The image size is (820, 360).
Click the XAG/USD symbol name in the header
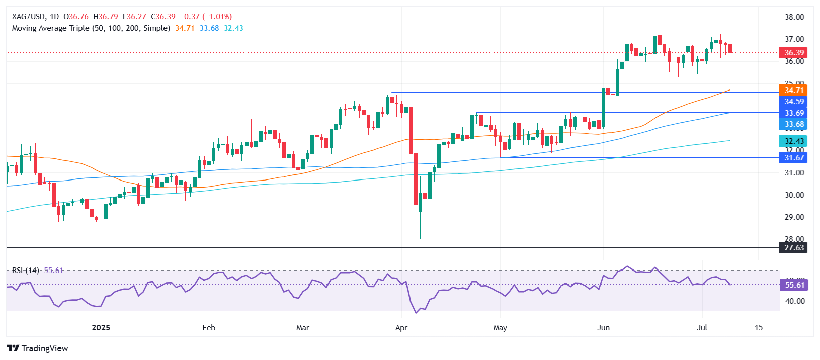pyautogui.click(x=28, y=17)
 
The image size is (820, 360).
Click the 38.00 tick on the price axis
pyautogui.click(x=794, y=17)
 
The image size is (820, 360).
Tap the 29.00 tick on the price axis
pyautogui.click(x=794, y=217)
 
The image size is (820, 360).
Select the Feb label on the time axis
pyautogui.click(x=209, y=328)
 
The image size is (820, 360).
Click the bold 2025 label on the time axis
pyautogui.click(x=101, y=328)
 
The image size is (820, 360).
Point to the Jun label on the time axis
pyautogui.click(x=603, y=328)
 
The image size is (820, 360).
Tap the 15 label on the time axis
pyautogui.click(x=759, y=328)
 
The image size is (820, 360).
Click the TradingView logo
pyautogui.click(x=38, y=348)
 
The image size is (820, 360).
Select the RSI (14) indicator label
pyautogui.click(x=26, y=271)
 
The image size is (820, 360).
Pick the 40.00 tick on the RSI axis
pyautogui.click(x=794, y=301)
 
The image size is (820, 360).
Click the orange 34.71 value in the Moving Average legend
pyautogui.click(x=185, y=28)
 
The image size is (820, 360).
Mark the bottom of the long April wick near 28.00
pyautogui.click(x=420, y=238)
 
